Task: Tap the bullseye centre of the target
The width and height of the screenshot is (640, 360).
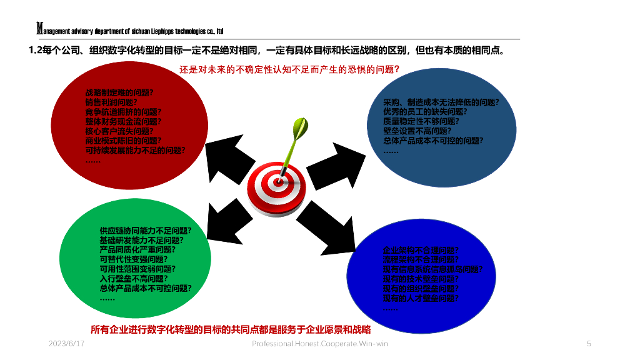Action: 276,181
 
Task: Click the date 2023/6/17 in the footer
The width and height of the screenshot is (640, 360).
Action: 66,344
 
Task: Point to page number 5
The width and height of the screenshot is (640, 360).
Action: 589,344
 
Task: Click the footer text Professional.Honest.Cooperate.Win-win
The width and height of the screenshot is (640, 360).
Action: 319,344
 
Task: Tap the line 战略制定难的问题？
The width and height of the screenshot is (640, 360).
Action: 119,92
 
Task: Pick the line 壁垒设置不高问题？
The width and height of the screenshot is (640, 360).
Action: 416,131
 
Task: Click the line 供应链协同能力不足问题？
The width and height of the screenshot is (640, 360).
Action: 145,230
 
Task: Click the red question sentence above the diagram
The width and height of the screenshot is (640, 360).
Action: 289,69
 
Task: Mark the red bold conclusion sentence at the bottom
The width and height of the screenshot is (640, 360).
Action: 231,329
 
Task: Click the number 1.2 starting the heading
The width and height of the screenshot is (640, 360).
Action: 36,50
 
